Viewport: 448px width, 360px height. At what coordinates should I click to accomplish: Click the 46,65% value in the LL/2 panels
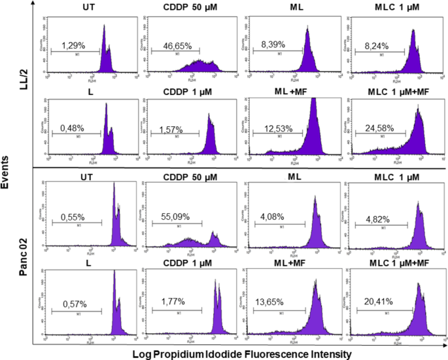[175, 46]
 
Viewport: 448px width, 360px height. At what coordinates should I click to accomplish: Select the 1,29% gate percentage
[73, 46]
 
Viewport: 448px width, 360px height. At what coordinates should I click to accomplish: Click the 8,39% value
[275, 46]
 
